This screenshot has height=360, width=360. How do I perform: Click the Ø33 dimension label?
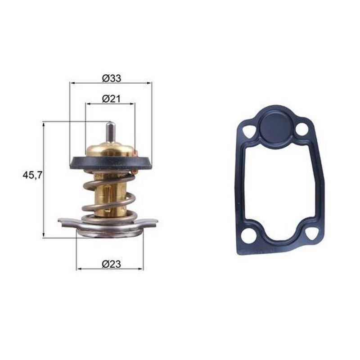tap(111, 78)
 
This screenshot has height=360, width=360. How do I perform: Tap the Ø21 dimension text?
tap(111, 99)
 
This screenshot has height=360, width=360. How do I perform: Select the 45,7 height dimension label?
tap(32, 175)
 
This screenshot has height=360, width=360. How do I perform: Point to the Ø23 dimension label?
tap(111, 264)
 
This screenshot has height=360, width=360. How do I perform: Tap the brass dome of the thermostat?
tap(111, 149)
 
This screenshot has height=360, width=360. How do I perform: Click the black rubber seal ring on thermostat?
tap(111, 163)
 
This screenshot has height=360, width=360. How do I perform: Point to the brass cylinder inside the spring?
tap(110, 195)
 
